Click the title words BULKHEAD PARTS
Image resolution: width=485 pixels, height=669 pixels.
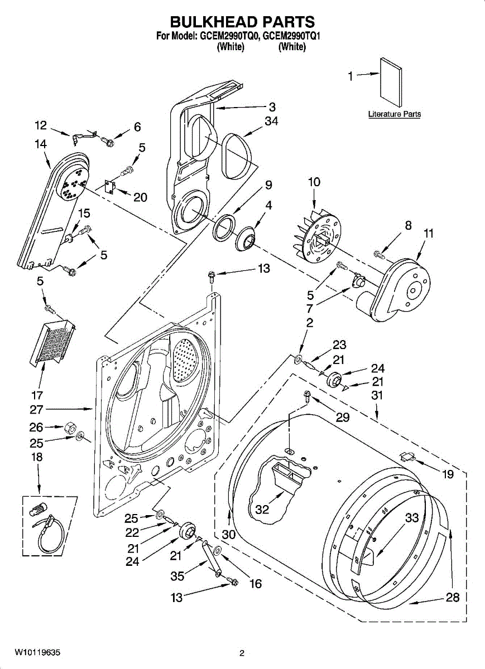coord(242,22)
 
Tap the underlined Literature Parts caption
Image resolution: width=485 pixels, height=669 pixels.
coord(395,114)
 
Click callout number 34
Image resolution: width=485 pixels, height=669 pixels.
coord(271,121)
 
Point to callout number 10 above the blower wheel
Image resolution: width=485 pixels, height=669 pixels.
coord(314,182)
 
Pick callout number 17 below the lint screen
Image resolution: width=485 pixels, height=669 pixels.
coord(37,395)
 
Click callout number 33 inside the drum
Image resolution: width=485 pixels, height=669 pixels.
coord(412,517)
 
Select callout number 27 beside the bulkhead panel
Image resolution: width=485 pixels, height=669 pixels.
coord(36,409)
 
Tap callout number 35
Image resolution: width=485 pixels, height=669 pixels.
coord(177,576)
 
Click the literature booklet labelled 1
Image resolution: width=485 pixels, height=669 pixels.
coord(391,82)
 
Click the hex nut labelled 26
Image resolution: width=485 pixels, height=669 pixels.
coord(69,429)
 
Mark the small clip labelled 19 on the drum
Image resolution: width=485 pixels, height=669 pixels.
coord(408,456)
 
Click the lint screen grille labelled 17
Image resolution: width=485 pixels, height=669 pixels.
coord(52,342)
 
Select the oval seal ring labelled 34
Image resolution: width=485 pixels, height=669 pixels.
coord(238,156)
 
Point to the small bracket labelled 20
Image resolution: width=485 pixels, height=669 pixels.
coord(111,187)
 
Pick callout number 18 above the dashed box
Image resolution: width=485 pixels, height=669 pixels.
coord(37,457)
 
